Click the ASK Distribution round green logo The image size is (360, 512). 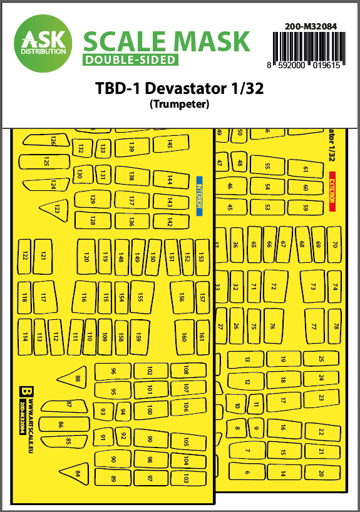tap(42, 41)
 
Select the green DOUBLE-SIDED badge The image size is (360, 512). tap(130, 60)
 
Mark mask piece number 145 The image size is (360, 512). tap(169, 145)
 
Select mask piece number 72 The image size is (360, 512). tap(273, 285)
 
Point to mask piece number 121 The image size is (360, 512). tap(43, 256)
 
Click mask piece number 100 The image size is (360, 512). tap(149, 410)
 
